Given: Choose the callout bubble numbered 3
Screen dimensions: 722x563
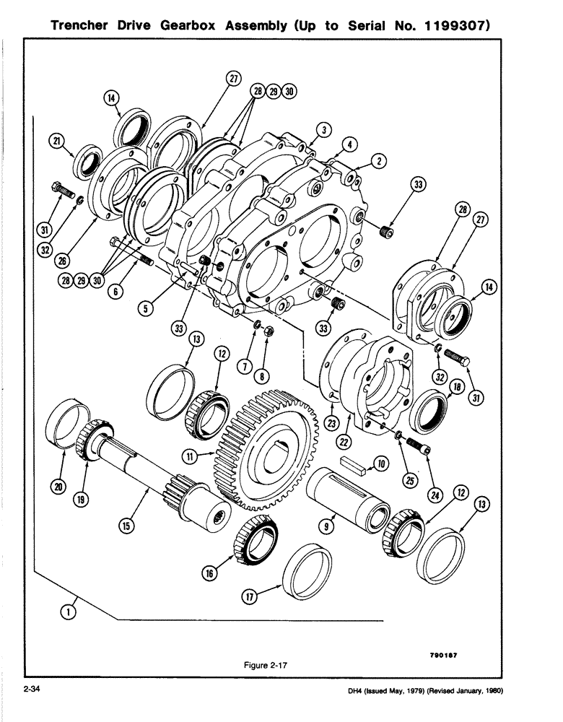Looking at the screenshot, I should [325, 129].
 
